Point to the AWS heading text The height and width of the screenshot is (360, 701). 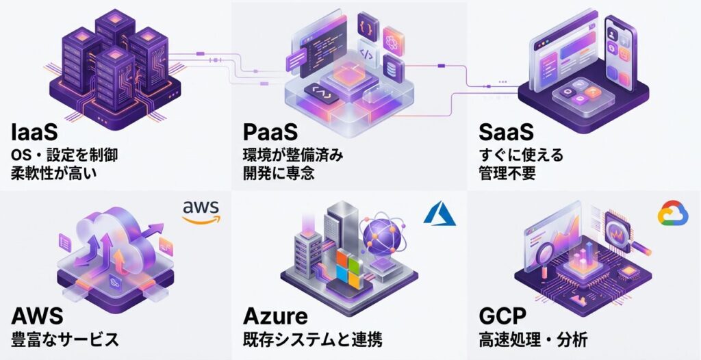[38, 316]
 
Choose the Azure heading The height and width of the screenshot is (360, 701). [275, 316]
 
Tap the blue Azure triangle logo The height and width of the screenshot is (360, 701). [439, 214]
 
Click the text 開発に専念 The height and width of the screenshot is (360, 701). [279, 173]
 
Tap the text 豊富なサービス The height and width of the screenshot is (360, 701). [65, 339]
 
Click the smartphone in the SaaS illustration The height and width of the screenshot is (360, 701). [620, 51]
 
